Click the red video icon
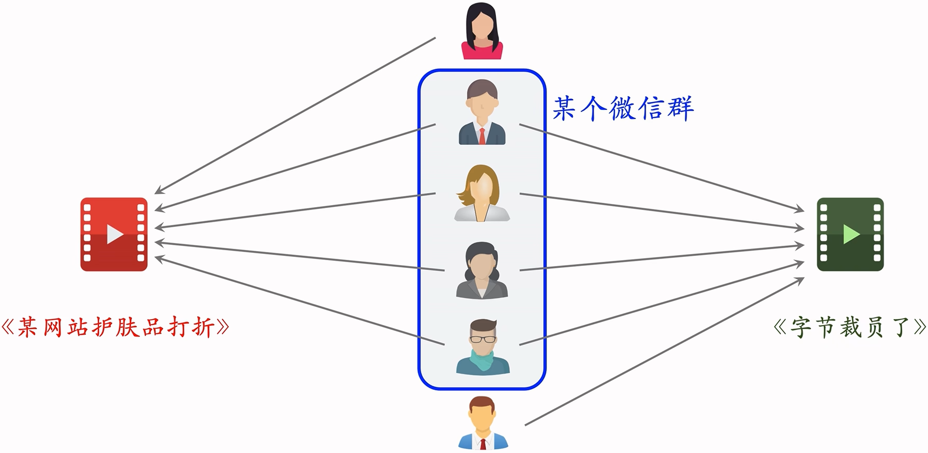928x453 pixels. tap(114, 234)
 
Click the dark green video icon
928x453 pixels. tap(850, 234)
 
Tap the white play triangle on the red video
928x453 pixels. tap(115, 234)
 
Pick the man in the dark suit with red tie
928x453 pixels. tap(482, 112)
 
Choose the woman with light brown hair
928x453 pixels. tap(482, 193)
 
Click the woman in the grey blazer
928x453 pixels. tap(482, 270)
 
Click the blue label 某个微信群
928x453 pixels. tap(623, 108)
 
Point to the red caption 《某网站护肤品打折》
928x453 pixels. tap(115, 327)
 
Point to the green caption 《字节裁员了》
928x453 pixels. tap(850, 327)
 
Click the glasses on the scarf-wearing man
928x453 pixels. tap(483, 339)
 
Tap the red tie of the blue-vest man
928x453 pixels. tap(483, 444)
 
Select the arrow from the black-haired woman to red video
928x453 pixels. tap(295, 115)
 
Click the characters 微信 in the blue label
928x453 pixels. tap(637, 108)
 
